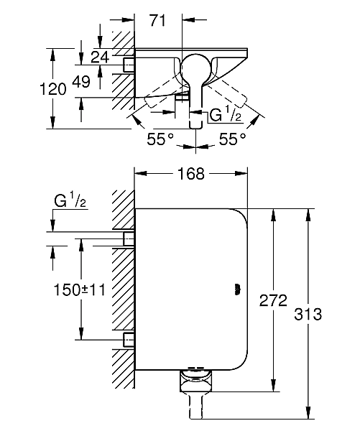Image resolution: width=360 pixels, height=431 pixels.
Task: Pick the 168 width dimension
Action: click(190, 173)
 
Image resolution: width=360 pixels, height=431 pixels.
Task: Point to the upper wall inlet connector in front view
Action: click(129, 239)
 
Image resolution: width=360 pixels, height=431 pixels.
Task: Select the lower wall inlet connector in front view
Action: click(129, 340)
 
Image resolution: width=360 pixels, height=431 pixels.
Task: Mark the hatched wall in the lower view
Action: click(121, 287)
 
